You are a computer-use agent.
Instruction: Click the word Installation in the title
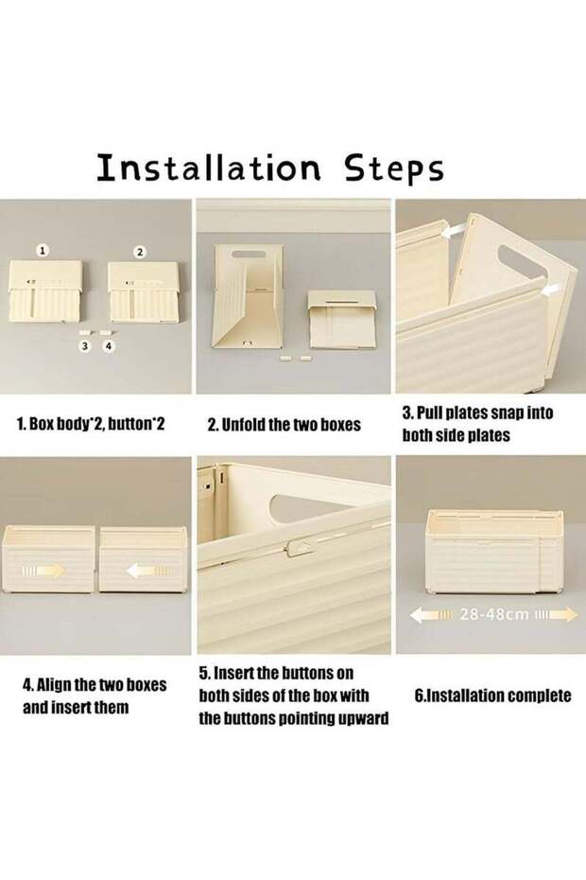point(209,167)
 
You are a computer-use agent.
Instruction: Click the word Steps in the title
point(394,168)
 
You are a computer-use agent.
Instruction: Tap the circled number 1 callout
point(43,251)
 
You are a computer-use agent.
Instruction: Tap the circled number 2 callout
point(140,252)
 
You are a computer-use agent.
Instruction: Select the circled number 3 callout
point(85,346)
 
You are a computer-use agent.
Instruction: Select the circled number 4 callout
point(109,346)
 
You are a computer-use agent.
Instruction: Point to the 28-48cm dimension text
point(494,614)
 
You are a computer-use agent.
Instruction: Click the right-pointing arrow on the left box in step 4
point(43,572)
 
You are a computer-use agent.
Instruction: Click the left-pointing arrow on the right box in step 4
point(148,572)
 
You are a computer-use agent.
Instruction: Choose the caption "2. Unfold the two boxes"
point(284,424)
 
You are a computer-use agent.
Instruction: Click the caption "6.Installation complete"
point(492,695)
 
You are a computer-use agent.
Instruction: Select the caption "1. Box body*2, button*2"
point(92,423)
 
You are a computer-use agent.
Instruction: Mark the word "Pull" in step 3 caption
point(429,414)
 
